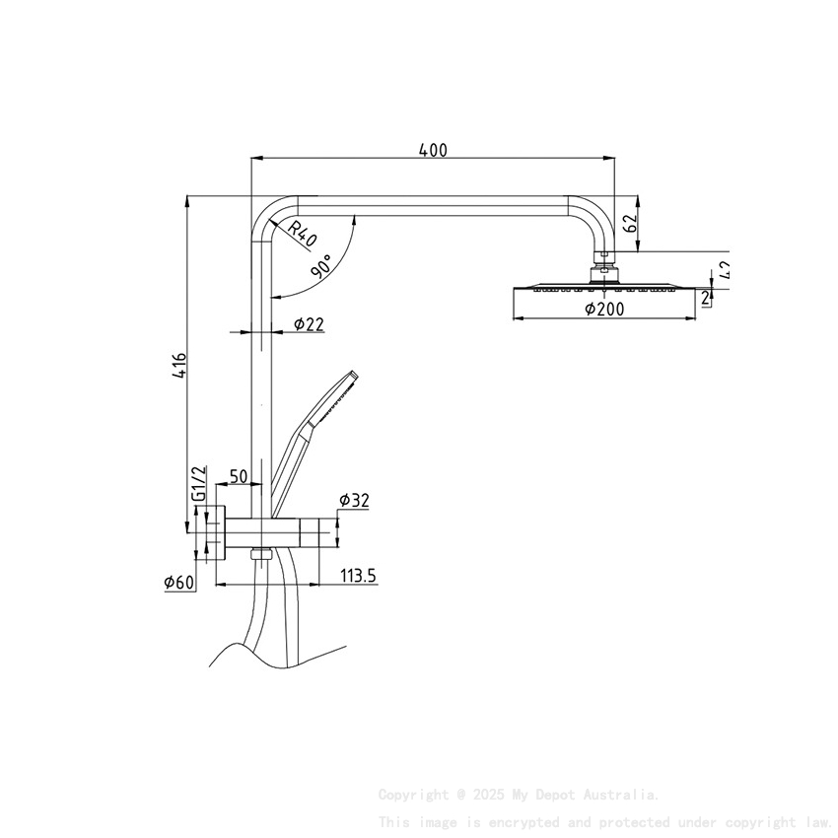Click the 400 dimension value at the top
(x=433, y=150)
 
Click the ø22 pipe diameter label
(x=309, y=324)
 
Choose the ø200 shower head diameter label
(x=604, y=309)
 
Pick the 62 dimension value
(x=631, y=223)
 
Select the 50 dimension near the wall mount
(x=238, y=477)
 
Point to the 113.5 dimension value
(x=359, y=576)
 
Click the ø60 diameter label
(x=179, y=583)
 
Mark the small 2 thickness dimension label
(x=706, y=297)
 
